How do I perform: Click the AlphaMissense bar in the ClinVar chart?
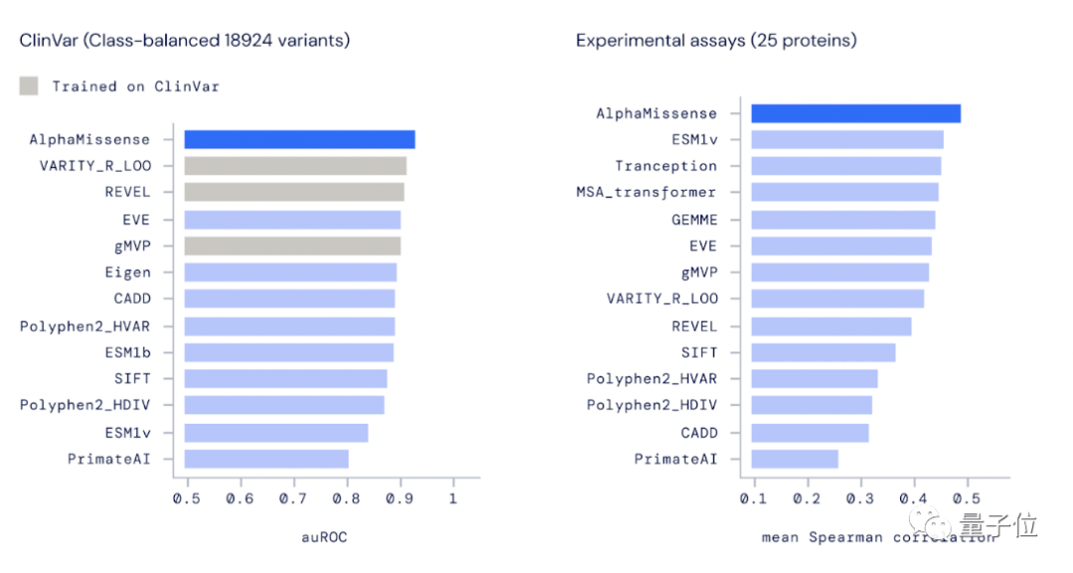coord(299,140)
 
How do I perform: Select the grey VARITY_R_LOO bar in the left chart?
coord(295,166)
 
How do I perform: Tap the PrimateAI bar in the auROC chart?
coord(266,459)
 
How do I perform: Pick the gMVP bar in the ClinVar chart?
coord(292,246)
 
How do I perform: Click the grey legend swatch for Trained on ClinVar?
coord(29,86)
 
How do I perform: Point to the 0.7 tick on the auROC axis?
coord(293,498)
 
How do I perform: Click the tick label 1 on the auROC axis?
coord(453,498)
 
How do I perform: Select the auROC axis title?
coord(324,537)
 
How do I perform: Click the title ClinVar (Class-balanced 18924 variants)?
coord(185,41)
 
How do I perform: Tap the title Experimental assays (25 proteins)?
coord(715,41)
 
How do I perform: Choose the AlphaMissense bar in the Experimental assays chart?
coord(855,113)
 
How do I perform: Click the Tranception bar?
coord(845,166)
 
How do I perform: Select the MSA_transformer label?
coord(646,193)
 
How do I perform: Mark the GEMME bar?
coord(843,219)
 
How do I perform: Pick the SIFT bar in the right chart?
coord(823,353)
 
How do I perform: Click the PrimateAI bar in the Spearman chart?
coord(794,459)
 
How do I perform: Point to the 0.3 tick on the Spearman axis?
coord(860,498)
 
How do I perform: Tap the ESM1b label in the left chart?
coord(127,353)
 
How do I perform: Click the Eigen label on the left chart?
coord(127,272)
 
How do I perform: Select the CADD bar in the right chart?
coord(810,433)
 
